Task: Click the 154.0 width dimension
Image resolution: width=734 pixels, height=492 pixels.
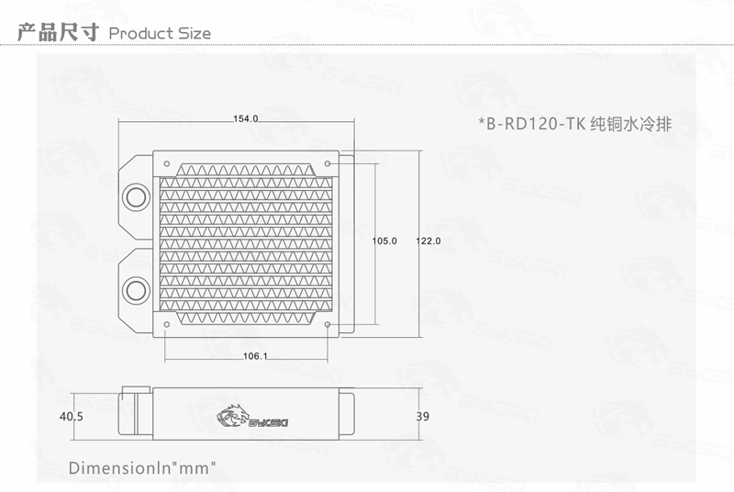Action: [247, 119]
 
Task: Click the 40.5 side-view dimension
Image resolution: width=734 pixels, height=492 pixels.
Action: [71, 416]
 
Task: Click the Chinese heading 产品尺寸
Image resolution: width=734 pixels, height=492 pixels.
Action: [57, 33]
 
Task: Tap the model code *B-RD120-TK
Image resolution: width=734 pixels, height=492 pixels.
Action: [532, 122]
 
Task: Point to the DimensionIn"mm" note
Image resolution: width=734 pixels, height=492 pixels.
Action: [142, 467]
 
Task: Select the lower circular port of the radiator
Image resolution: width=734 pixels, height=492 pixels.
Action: [135, 291]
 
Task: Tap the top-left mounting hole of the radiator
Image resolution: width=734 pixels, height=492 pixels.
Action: [165, 162]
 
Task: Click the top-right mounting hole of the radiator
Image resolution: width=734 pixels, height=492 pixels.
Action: [328, 162]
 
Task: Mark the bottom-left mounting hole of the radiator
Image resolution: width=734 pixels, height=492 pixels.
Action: [165, 324]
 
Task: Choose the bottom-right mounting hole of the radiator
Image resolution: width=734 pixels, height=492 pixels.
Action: [328, 324]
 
